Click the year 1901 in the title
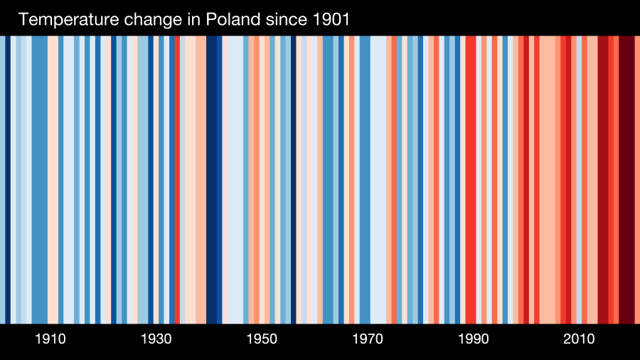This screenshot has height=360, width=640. pyautogui.click(x=331, y=20)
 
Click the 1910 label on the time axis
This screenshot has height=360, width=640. pyautogui.click(x=50, y=339)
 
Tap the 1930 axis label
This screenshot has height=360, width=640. pyautogui.click(x=156, y=339)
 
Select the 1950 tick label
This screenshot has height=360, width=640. pyautogui.click(x=262, y=339)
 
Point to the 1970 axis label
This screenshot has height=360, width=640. pyautogui.click(x=368, y=339)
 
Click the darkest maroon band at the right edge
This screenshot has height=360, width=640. pyautogui.click(x=626, y=178)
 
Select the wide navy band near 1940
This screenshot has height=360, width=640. pyautogui.click(x=214, y=178)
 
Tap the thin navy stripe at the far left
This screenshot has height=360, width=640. pyautogui.click(x=8, y=178)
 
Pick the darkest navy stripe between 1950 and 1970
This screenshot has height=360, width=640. pyautogui.click(x=293, y=178)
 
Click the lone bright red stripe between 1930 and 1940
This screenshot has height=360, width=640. pyautogui.click(x=177, y=178)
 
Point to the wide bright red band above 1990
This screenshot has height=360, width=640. pyautogui.click(x=471, y=178)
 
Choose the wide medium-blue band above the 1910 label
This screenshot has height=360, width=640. pyautogui.click(x=39, y=178)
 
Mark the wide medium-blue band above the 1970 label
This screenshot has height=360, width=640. pyautogui.click(x=365, y=178)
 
